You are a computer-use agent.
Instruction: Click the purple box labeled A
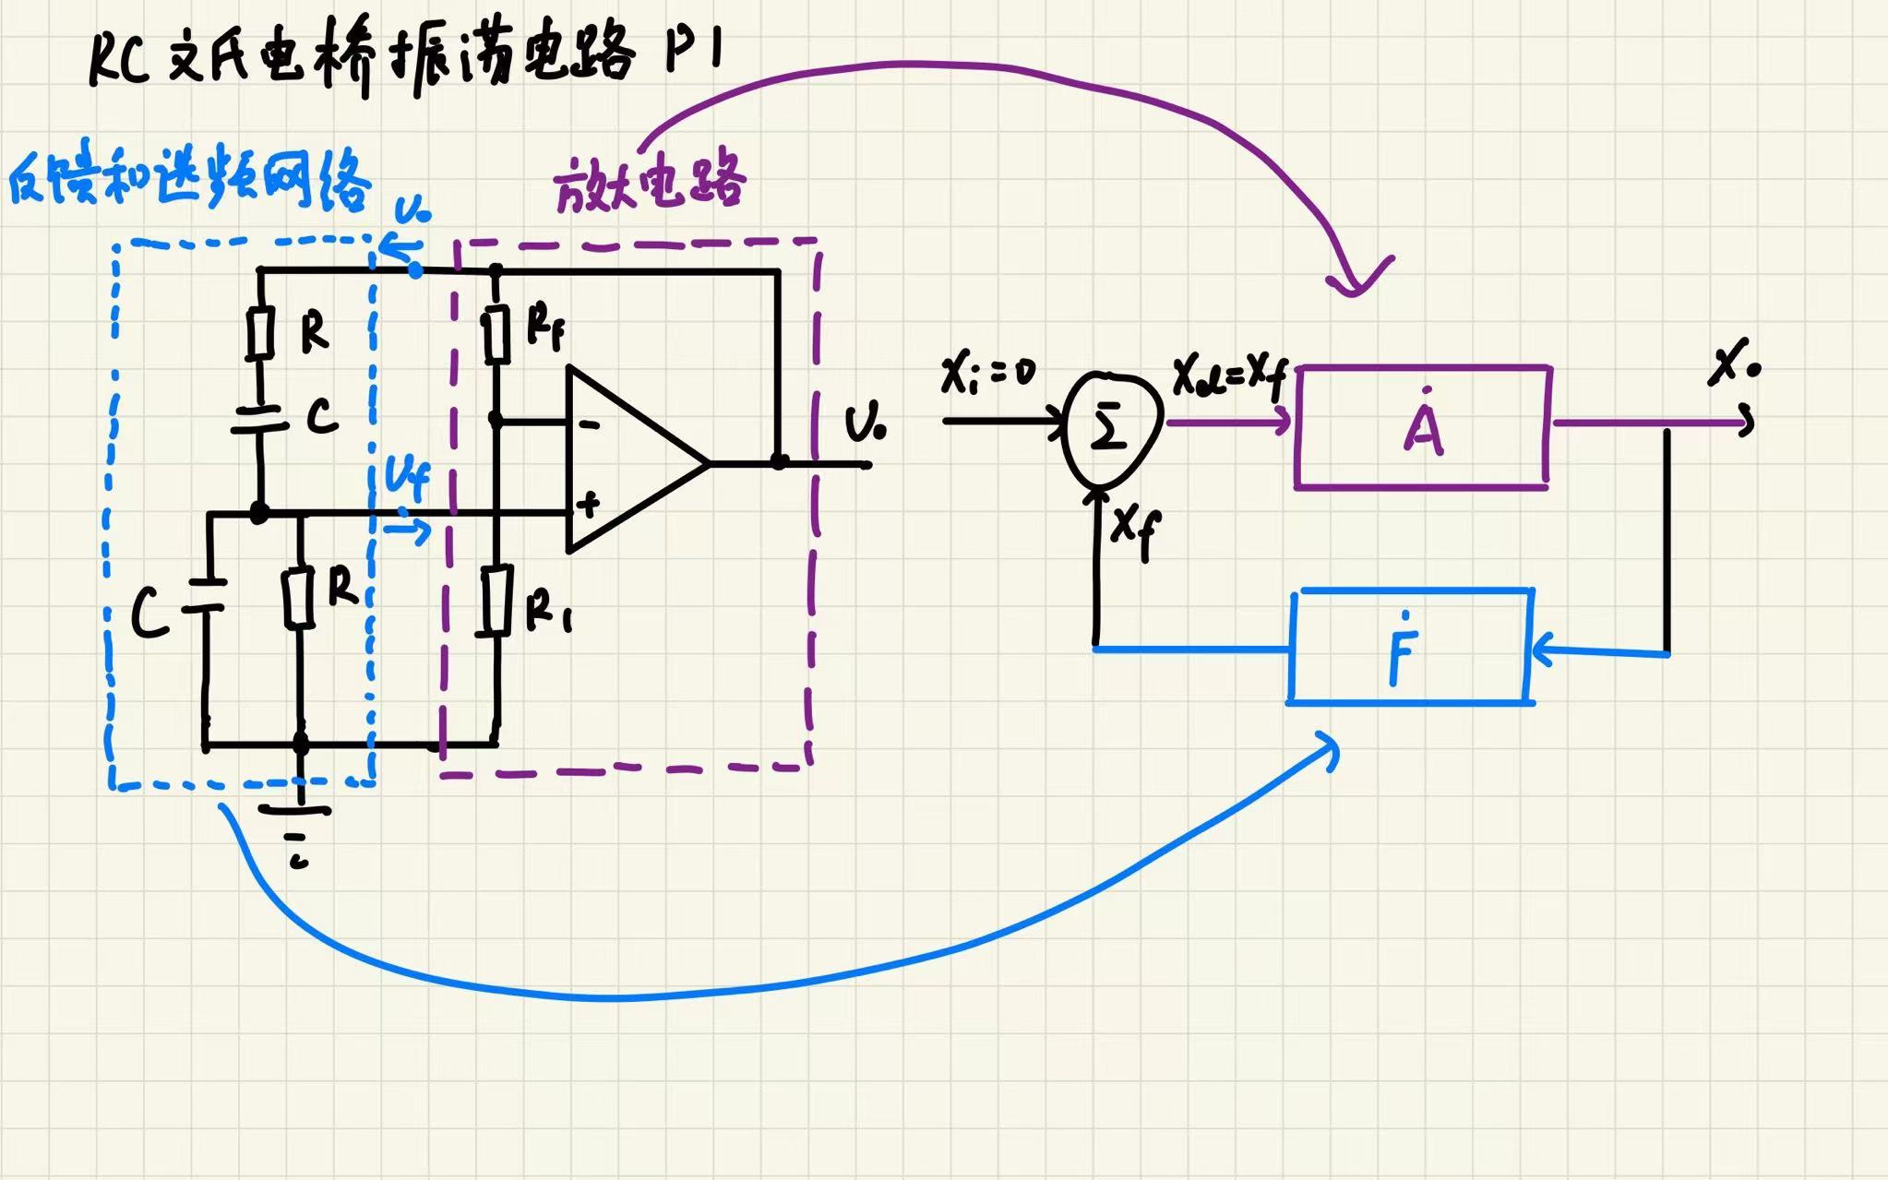pyautogui.click(x=1422, y=427)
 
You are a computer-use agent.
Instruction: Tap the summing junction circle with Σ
pyautogui.click(x=1108, y=428)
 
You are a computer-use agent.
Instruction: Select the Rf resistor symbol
pyautogui.click(x=497, y=334)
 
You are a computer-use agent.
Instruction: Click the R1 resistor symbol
pyautogui.click(x=497, y=601)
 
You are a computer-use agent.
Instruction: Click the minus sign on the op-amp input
pyautogui.click(x=589, y=424)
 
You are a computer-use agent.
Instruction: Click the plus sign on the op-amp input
pyautogui.click(x=587, y=504)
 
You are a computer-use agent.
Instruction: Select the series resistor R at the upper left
pyautogui.click(x=261, y=333)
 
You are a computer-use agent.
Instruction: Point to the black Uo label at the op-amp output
pyautogui.click(x=865, y=424)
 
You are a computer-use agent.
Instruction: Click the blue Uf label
pyautogui.click(x=407, y=480)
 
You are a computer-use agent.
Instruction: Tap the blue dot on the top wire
pyautogui.click(x=415, y=270)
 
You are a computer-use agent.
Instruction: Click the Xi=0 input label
pyautogui.click(x=987, y=374)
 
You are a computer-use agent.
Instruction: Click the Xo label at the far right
pyautogui.click(x=1733, y=364)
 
